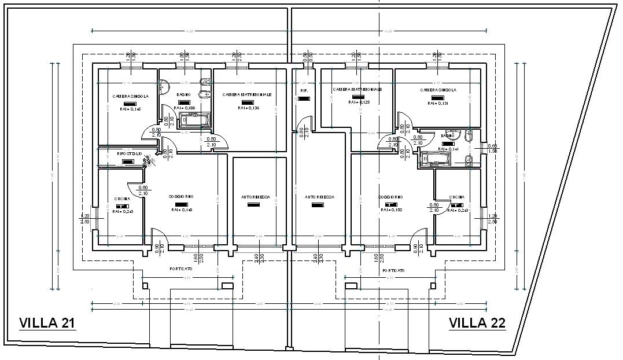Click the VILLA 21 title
coord(47,323)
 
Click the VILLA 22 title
coord(477,323)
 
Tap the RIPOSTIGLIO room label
coord(130,154)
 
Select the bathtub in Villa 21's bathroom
coord(196,120)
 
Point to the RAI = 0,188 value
coord(184,108)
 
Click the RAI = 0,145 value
coord(130,109)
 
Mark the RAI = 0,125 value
coord(359,102)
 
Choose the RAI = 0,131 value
coord(438,103)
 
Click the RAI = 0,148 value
coord(181,210)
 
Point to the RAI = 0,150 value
coord(391,210)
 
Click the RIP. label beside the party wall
coord(304,91)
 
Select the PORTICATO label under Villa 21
coord(181,269)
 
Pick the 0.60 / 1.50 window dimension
coord(492,148)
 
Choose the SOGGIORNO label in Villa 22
coord(391,197)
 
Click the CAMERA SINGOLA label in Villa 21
coord(130,96)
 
